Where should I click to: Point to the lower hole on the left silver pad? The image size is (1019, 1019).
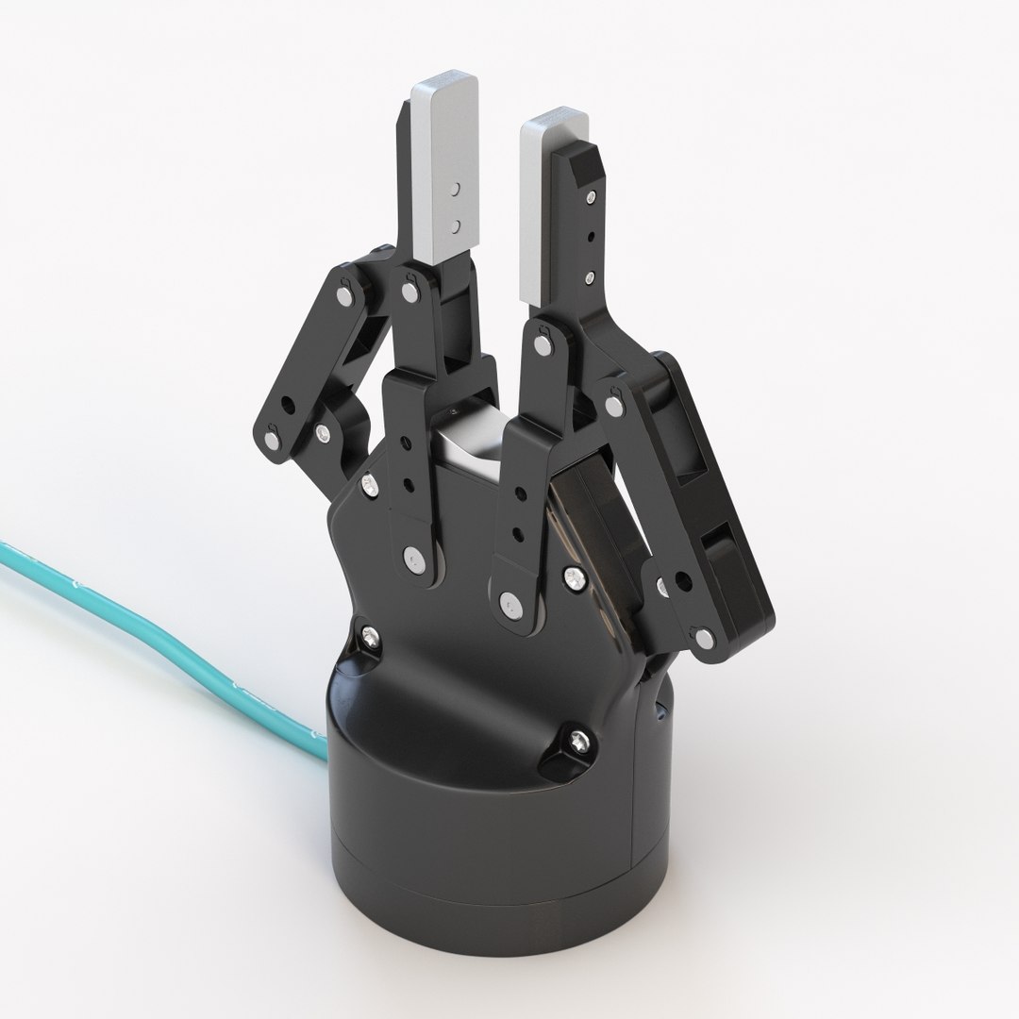(456, 225)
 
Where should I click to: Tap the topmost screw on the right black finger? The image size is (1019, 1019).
(590, 197)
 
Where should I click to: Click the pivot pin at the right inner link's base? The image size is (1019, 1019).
(510, 601)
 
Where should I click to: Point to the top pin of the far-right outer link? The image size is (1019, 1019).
(615, 407)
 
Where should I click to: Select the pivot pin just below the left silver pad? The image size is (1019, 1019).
(409, 292)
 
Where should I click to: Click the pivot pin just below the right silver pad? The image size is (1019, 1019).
(543, 344)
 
